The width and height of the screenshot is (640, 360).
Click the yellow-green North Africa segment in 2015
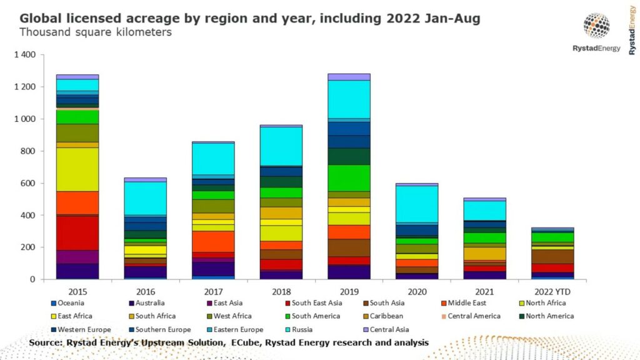click(77, 169)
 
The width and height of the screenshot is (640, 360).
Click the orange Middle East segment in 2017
click(213, 241)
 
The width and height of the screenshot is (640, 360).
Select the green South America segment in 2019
click(349, 177)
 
